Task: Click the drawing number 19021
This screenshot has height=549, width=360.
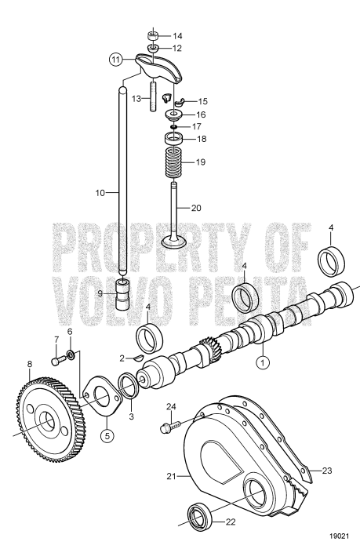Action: coord(338,536)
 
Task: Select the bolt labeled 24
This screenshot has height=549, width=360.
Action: coord(165,427)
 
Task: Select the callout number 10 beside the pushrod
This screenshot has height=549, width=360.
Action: coord(100,191)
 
